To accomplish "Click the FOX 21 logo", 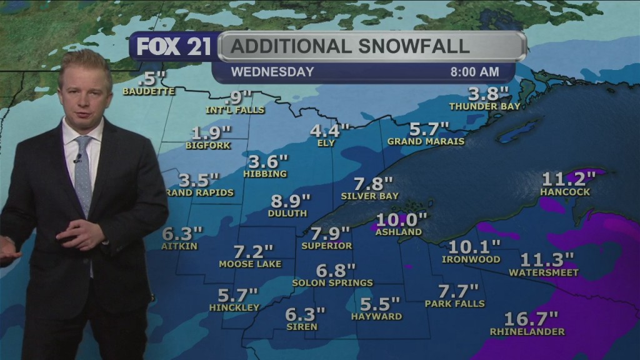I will (174, 47).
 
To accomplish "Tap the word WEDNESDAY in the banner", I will (272, 72).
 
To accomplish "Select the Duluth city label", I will (287, 213).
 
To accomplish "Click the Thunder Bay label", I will (494, 106).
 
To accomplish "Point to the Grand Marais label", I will (426, 141).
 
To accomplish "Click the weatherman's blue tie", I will (83, 174).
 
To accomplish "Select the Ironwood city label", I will (471, 259).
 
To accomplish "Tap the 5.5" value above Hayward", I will (380, 304).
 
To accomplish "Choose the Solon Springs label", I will (332, 282).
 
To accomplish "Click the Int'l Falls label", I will (236, 110).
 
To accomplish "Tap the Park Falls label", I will (454, 304).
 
